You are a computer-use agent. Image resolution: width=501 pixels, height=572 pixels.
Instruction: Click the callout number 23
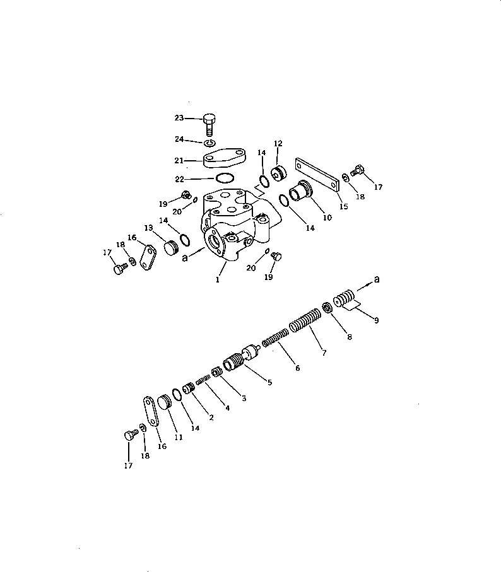[179, 117]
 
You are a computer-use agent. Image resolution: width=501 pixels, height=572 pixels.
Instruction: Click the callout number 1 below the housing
[217, 279]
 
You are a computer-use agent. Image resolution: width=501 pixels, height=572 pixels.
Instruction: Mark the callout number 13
[148, 228]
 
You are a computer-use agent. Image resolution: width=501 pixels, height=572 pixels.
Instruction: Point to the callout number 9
[376, 320]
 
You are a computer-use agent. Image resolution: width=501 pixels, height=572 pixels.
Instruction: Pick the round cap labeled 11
[165, 402]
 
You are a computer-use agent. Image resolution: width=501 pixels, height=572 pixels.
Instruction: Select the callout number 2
[211, 417]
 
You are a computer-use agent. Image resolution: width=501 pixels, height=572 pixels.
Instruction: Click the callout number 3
[244, 398]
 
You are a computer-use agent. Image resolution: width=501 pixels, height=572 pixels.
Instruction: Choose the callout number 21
[179, 161]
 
